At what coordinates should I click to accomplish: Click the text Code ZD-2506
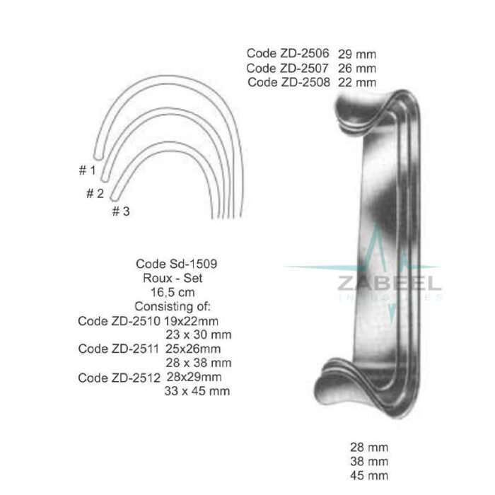(288, 54)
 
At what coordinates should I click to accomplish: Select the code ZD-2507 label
(288, 69)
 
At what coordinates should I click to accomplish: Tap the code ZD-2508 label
(289, 83)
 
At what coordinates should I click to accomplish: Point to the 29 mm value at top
(356, 54)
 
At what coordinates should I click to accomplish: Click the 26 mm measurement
(356, 69)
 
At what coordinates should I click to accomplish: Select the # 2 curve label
(95, 193)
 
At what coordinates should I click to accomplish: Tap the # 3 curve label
(120, 211)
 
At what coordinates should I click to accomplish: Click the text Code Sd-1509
(176, 264)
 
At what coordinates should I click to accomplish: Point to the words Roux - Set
(176, 278)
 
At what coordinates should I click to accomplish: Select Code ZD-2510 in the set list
(116, 321)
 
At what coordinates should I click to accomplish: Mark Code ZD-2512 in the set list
(117, 377)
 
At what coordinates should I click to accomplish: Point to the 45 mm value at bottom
(369, 475)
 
